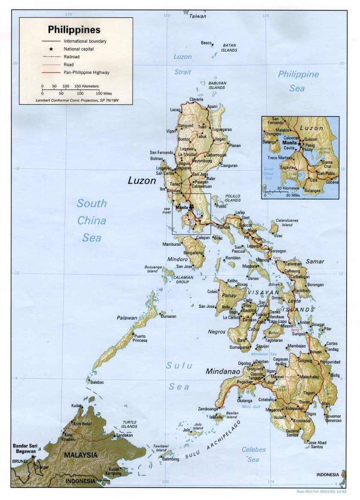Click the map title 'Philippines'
74,30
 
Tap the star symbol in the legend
51,49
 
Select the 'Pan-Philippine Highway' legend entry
86,72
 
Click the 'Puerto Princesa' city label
140,338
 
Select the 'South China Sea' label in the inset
269,174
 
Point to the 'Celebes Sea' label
253,454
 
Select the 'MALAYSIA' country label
81,454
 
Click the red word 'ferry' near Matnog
277,258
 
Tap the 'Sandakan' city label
125,436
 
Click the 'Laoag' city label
175,110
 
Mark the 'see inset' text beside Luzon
167,210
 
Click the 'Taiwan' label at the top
198,16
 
